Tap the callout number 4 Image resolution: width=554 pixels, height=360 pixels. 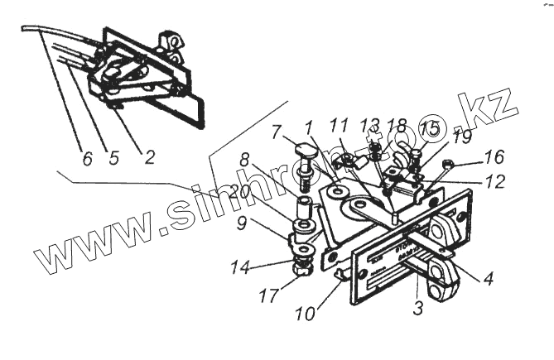489,279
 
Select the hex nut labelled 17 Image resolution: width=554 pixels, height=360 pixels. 302,267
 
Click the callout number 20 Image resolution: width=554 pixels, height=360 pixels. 241,191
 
